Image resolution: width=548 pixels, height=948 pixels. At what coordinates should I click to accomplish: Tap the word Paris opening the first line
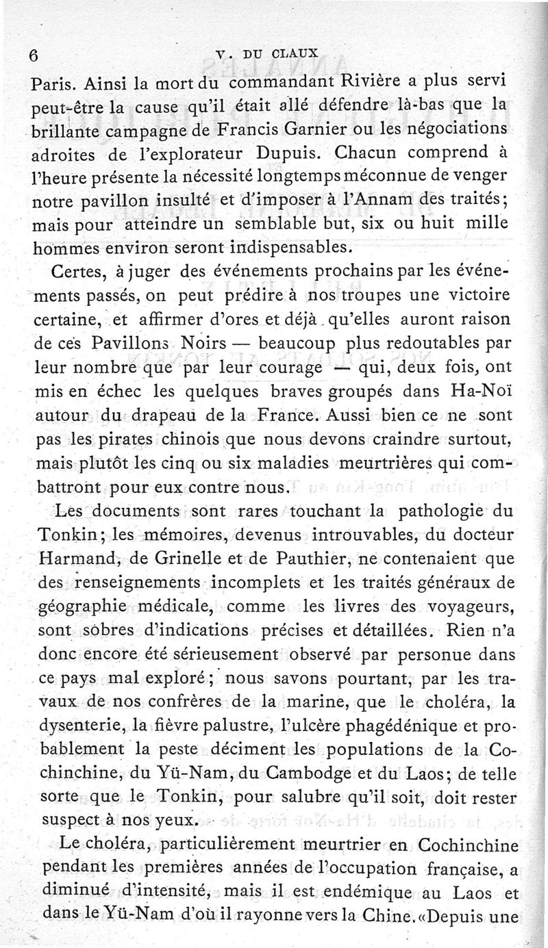(55, 85)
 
